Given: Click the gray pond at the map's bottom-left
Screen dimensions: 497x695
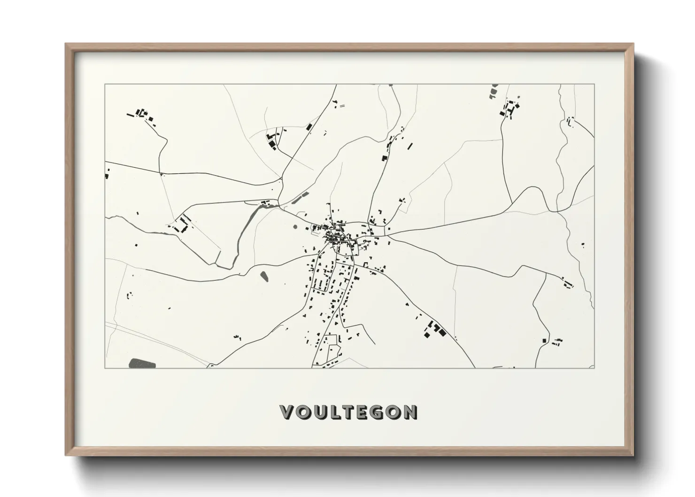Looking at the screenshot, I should click(x=140, y=363).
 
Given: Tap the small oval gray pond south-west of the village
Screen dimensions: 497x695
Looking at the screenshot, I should click(x=264, y=276).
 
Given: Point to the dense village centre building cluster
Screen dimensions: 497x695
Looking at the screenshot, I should click(x=335, y=235).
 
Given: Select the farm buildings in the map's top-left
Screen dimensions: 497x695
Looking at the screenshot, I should click(x=141, y=114).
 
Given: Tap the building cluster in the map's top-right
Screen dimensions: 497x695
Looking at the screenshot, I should click(x=509, y=109).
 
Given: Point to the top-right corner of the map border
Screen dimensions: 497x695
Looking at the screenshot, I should click(x=595, y=85).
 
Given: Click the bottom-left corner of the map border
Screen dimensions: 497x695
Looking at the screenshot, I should click(x=105, y=368).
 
